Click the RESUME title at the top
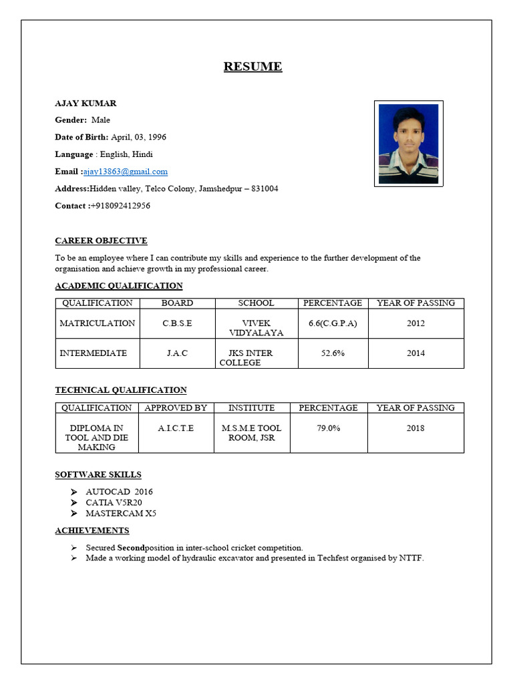click(252, 67)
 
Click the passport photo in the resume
click(408, 144)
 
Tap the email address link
click(126, 172)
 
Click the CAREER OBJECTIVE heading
click(101, 240)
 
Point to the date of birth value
click(139, 137)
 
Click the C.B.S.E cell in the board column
click(177, 323)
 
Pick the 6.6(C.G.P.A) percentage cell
click(333, 323)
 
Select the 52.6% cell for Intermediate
click(333, 353)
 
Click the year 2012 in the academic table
click(415, 323)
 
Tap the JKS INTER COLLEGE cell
click(250, 358)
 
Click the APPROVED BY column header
click(176, 407)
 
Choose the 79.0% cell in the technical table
click(328, 428)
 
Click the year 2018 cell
click(415, 428)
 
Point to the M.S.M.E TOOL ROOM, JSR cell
click(251, 433)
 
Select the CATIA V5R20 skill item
click(114, 502)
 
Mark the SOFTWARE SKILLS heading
click(98, 475)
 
